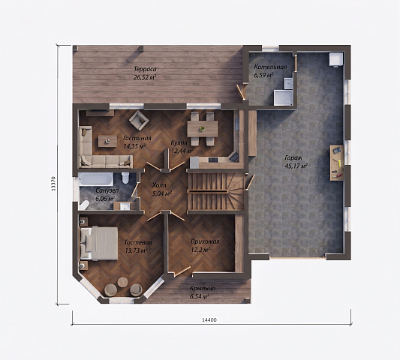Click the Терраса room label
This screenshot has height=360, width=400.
tap(145, 69)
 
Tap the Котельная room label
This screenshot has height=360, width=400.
tap(270, 67)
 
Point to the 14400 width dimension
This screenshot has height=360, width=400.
tap(209, 320)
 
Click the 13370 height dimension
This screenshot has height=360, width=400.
tap(53, 183)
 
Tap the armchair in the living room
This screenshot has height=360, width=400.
tap(139, 119)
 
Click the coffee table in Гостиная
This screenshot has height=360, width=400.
tap(107, 141)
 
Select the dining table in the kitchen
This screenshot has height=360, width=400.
tap(203, 129)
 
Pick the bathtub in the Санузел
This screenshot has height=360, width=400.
tap(96, 179)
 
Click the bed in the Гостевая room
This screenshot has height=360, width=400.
tap(99, 244)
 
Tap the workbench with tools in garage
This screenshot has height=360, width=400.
tap(337, 163)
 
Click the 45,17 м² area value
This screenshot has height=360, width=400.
tap(296, 166)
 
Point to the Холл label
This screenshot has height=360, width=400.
tap(159, 185)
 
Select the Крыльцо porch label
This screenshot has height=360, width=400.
tap(203, 288)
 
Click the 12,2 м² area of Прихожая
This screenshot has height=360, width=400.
tap(200, 250)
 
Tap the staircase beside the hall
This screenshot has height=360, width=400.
tap(216, 191)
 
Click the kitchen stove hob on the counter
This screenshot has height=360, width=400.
tap(213, 160)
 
